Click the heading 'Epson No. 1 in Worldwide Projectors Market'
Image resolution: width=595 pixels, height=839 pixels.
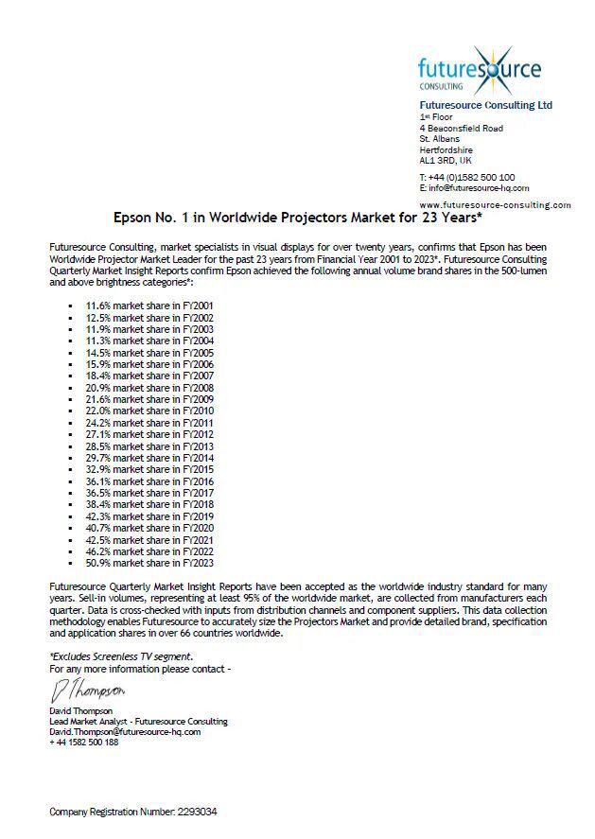pos(298,217)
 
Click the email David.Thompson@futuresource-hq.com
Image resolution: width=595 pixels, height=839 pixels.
pos(125,731)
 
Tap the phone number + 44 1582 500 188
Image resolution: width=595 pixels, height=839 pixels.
pos(84,743)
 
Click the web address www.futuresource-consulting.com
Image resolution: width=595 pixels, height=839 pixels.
pos(495,204)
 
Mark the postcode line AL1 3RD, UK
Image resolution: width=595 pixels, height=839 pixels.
pos(452,160)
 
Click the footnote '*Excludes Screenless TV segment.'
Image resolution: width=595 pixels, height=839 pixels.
pos(120,656)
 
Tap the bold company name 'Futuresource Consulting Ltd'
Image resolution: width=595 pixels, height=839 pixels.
pos(485,105)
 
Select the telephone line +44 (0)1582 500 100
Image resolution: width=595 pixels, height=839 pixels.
pos(467,177)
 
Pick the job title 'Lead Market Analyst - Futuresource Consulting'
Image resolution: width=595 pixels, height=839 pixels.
pos(138,721)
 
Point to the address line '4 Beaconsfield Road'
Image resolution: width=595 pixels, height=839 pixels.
pos(461,128)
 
